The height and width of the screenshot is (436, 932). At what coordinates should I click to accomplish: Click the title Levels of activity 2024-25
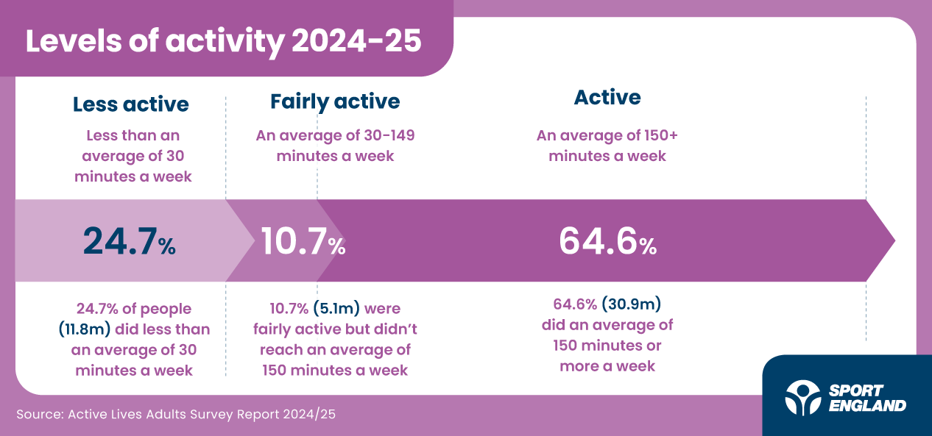tap(223, 41)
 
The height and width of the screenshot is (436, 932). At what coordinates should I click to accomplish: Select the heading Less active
tap(130, 104)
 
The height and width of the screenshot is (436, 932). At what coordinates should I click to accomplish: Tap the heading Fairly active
tap(335, 101)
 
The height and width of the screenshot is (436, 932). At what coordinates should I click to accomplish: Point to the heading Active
tap(607, 97)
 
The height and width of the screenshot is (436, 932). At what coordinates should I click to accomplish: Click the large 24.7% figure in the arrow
tap(129, 240)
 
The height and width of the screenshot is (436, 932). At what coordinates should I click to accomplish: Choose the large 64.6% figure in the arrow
tap(607, 241)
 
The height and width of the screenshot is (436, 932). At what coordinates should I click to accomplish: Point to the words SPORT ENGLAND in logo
tap(867, 398)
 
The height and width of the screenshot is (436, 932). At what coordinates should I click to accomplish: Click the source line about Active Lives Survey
tap(176, 414)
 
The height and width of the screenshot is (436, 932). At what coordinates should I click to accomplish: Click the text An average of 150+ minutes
tap(607, 146)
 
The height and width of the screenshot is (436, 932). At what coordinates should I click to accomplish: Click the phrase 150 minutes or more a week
tap(607, 356)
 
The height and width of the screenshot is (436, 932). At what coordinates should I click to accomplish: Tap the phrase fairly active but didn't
tap(335, 329)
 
